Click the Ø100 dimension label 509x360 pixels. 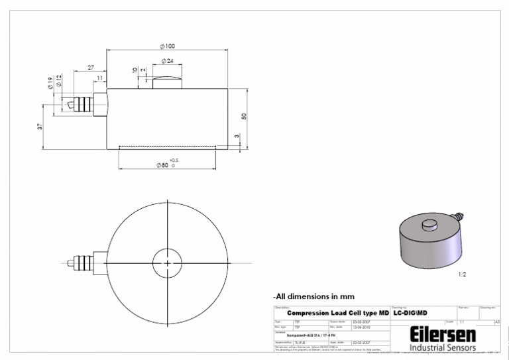point(167,46)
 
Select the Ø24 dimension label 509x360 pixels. point(167,61)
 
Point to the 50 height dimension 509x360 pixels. point(244,117)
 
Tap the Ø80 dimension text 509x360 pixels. point(162,165)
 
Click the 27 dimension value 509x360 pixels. point(91,68)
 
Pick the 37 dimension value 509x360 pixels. point(40,126)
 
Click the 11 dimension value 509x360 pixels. point(99,78)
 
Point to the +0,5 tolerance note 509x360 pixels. point(174,160)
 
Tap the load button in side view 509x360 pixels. point(167,83)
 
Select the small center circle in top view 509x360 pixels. point(168,263)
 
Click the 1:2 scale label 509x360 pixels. point(462,273)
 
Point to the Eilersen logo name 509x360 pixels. point(442,333)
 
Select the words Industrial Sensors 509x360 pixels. point(442,348)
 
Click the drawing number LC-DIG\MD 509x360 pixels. point(411,313)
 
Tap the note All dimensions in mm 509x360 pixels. point(313,296)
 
